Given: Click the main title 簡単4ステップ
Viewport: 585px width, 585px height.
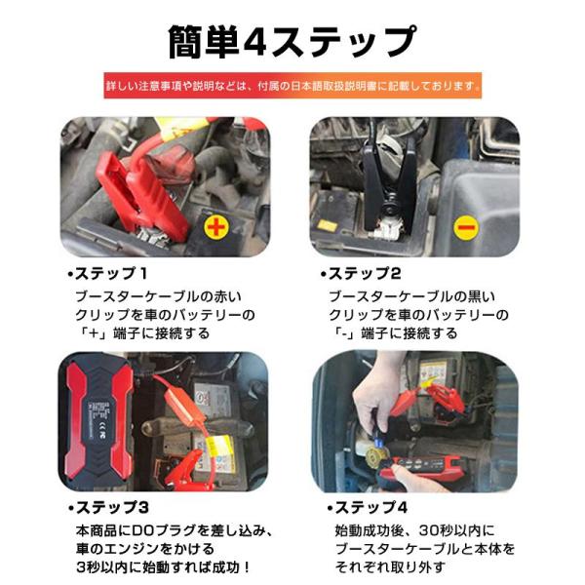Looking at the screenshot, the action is click(292, 42).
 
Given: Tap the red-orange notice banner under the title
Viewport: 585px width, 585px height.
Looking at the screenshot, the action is click(292, 86).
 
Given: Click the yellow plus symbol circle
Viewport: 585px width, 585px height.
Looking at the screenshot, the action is click(216, 227).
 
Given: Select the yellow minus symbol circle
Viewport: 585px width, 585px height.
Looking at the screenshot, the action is click(466, 227).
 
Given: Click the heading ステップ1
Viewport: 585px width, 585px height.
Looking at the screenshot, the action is click(108, 274).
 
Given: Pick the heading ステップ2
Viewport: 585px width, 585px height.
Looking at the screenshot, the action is click(361, 274).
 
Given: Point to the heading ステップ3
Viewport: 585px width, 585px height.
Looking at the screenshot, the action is click(109, 507).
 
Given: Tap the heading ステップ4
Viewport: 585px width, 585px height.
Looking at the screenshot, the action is click(368, 507).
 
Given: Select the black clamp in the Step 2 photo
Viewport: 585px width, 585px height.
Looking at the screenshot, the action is click(388, 186).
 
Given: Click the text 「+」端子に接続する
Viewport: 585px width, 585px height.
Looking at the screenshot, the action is click(143, 333).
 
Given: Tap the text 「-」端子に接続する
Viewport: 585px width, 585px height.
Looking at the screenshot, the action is click(394, 333).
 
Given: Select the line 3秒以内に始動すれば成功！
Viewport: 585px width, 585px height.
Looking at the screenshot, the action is click(164, 567).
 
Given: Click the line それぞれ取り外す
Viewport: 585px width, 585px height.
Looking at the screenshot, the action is click(390, 567).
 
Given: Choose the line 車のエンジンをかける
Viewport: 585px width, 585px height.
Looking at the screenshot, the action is click(145, 549).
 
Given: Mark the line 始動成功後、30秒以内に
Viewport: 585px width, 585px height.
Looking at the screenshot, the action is click(414, 530).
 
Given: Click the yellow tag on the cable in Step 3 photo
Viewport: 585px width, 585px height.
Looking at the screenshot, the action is click(221, 451).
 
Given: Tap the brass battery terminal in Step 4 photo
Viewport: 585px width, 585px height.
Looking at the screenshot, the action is click(376, 454).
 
